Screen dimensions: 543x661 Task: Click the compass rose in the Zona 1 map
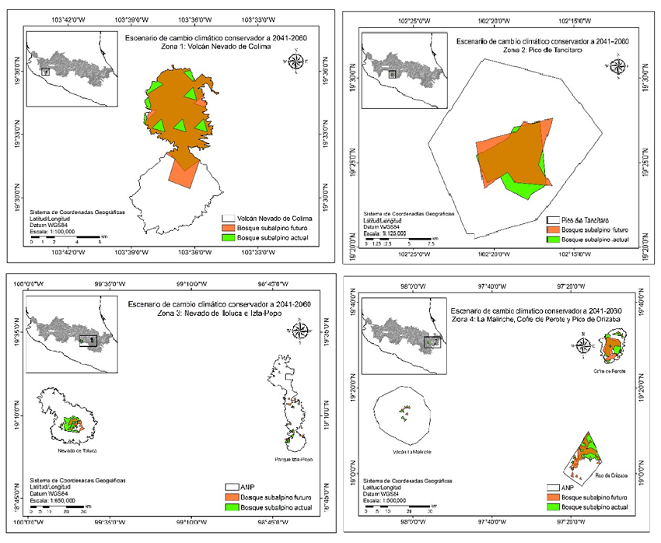[x=296, y=60]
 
